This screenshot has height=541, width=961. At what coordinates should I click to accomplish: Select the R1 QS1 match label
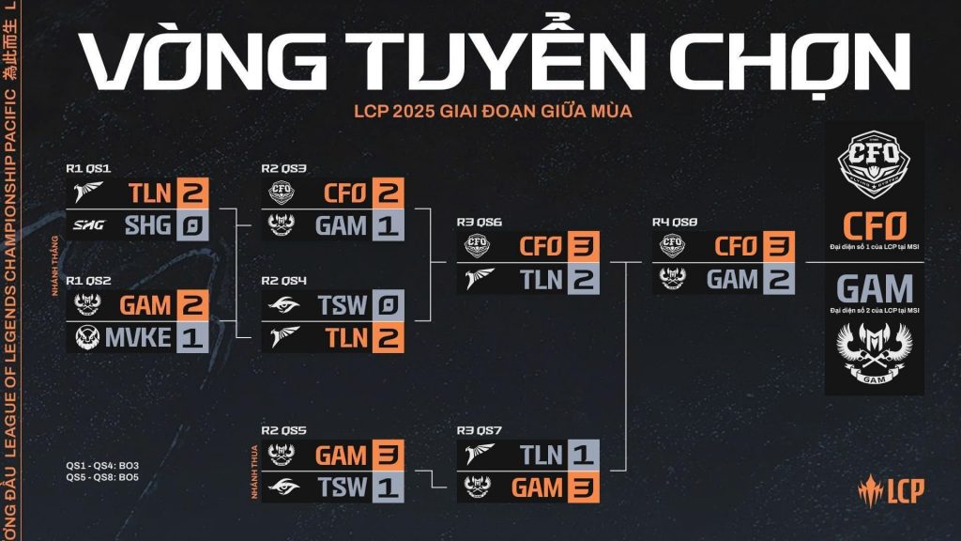coord(88,169)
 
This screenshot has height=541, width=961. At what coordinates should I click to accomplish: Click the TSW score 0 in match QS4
coord(388,304)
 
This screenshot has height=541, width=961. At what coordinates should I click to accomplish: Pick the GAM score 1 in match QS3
coord(388,226)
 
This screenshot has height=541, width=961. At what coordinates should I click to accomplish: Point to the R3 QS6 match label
coord(479,223)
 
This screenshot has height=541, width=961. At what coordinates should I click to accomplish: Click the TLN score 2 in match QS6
coord(583,280)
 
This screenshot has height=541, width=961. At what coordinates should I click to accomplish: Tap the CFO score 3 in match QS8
coord(778,246)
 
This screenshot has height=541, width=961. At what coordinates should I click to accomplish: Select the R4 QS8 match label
coord(674,223)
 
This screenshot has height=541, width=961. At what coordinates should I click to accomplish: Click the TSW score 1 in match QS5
coord(388,487)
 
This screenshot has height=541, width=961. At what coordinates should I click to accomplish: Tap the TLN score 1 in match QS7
coord(583,456)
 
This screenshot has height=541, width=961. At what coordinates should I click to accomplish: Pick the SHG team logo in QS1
coord(89,226)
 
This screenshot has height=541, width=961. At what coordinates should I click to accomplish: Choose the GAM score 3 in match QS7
coord(583,487)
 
